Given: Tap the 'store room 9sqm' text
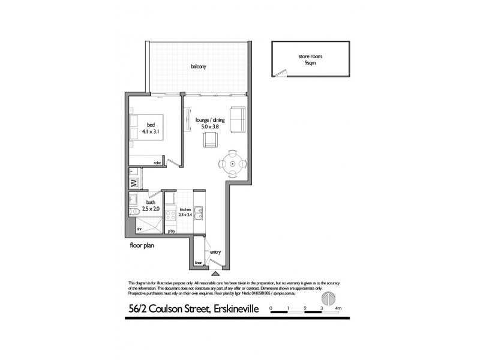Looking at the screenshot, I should coord(310,59).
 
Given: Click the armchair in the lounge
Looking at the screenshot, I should coord(210,139).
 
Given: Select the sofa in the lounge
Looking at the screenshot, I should coord(238,120).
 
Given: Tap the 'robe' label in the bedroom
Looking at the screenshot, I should coord(158,162).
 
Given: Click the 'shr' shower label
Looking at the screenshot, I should coord(138,228).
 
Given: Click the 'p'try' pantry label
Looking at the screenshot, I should coord(171,230).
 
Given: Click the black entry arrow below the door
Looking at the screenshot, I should coord(214,274).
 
